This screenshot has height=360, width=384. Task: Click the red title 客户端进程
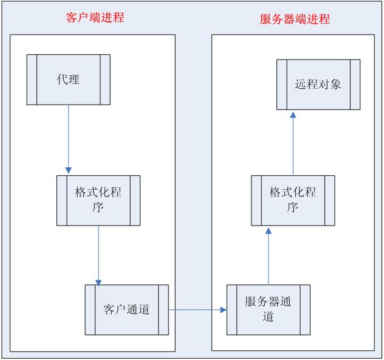click(x=94, y=18)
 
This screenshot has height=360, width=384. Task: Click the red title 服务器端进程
click(x=294, y=19)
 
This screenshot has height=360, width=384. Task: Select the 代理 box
click(x=68, y=80)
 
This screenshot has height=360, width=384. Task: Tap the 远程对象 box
click(x=318, y=84)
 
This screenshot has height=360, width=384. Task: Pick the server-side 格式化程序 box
click(x=293, y=200)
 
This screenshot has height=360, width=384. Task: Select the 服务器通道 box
click(x=268, y=309)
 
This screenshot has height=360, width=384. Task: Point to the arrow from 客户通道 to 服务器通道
click(x=197, y=310)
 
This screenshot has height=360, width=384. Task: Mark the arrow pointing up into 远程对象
click(x=293, y=143)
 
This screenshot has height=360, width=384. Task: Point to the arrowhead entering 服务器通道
click(x=223, y=310)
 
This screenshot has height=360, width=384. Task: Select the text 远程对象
click(x=318, y=84)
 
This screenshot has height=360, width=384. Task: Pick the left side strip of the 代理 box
click(x=31, y=80)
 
